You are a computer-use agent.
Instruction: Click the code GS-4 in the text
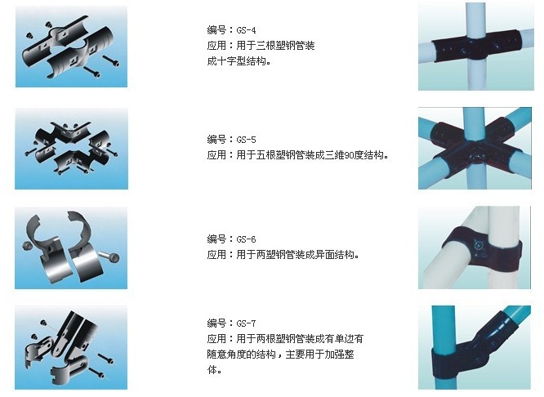(x=246, y=30)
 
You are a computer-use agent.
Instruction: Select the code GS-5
(x=246, y=140)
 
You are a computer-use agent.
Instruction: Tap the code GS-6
(x=246, y=239)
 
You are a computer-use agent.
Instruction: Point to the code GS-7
(x=246, y=323)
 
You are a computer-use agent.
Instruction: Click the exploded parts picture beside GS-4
(x=71, y=47)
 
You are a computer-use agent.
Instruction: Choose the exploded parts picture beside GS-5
(x=71, y=149)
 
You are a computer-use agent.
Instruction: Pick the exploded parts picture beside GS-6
(x=71, y=248)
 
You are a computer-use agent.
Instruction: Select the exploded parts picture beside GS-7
(x=71, y=347)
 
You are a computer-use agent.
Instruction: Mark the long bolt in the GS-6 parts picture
(x=109, y=256)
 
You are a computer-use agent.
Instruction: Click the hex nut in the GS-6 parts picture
(x=27, y=245)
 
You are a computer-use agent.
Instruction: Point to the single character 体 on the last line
(x=212, y=370)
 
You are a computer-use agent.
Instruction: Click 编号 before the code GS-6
(x=216, y=239)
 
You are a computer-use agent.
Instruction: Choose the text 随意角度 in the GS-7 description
(x=226, y=355)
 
